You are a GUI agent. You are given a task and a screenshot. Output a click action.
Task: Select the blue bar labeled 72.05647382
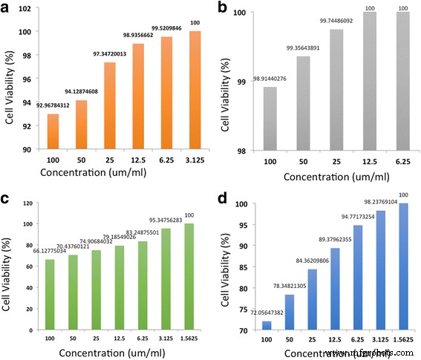[x=267, y=326]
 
